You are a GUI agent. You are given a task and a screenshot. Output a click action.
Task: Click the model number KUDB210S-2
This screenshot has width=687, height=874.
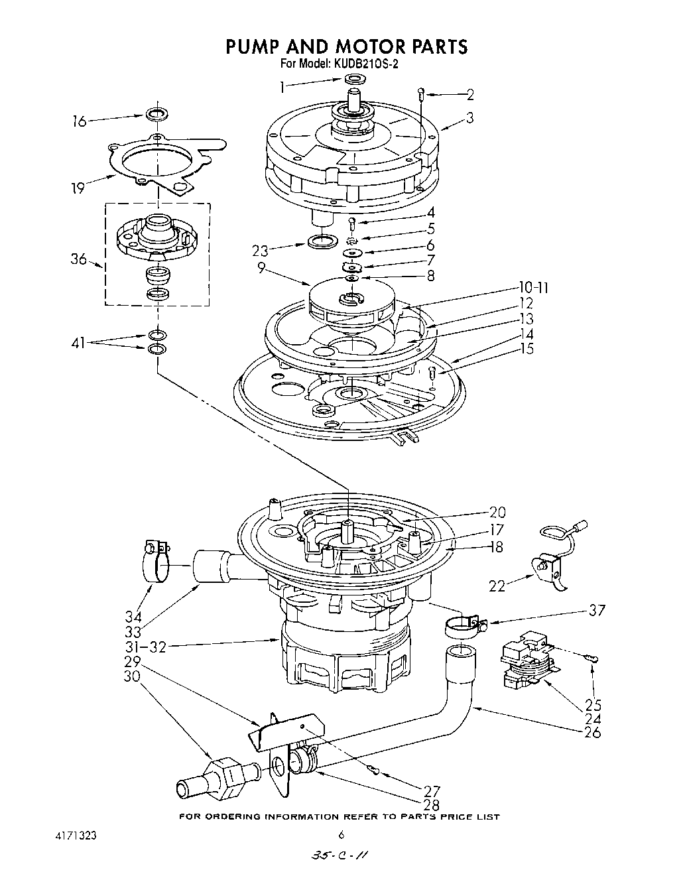click(365, 64)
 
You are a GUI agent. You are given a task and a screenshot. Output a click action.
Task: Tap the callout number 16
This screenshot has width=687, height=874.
click(80, 121)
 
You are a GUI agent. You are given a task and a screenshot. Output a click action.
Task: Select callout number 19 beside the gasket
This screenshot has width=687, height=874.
click(79, 188)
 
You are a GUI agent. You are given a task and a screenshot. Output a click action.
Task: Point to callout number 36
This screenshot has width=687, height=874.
click(79, 259)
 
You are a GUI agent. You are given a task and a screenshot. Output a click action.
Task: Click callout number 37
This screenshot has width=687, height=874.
click(596, 610)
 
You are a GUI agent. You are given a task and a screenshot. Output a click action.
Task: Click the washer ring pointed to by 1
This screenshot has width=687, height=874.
click(355, 80)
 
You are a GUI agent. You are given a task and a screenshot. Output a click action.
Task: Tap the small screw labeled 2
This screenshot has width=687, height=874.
click(420, 94)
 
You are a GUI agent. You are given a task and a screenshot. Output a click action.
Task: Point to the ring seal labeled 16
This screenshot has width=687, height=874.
click(155, 113)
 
